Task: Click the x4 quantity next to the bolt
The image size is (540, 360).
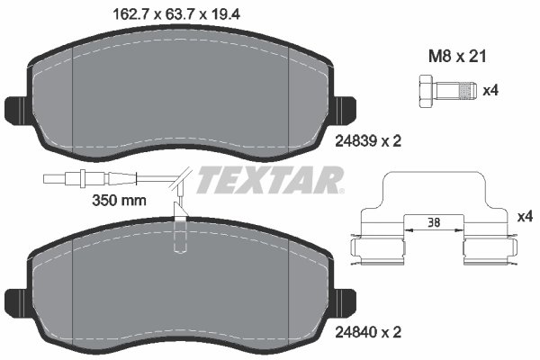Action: tap(490, 90)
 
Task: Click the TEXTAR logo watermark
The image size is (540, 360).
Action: tap(270, 180)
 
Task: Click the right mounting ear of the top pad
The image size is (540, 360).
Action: tap(341, 109)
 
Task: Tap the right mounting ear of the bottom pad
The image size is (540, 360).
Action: tap(341, 301)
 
